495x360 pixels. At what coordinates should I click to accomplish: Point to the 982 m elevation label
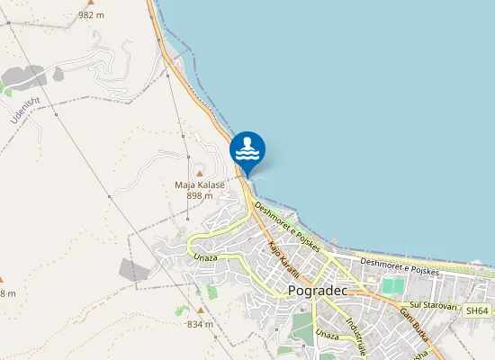(x=91, y=15)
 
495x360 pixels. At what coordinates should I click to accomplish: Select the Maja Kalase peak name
(x=200, y=184)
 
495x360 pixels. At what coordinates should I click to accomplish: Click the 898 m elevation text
(x=200, y=195)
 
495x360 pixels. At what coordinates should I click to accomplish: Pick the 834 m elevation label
(x=200, y=324)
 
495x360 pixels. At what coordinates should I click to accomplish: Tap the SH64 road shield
(x=476, y=310)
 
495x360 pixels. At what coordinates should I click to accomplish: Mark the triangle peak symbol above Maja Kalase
(x=200, y=173)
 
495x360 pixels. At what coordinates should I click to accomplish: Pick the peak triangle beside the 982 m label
(x=90, y=4)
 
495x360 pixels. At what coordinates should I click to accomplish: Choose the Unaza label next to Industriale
(x=328, y=335)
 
